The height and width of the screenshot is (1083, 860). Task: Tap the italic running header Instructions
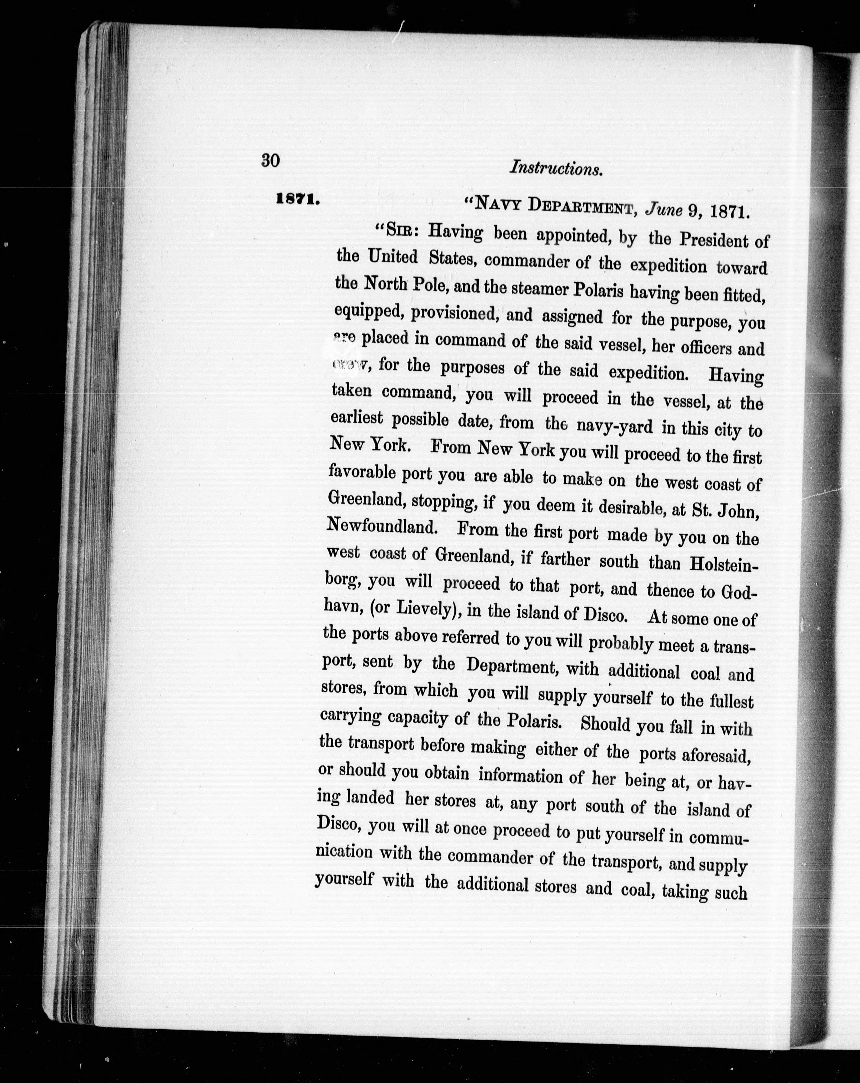coord(556,168)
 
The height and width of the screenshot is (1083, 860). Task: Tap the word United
coord(393,257)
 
